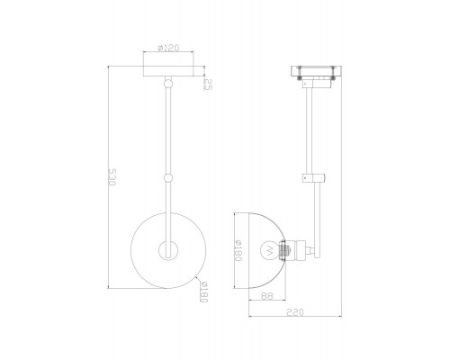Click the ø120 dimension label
pos(168,48)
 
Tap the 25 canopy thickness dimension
pos(208,84)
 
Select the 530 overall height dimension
pos(112,177)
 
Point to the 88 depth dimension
pos(267,296)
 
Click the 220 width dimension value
pos(295,312)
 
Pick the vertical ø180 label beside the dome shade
pos(238,250)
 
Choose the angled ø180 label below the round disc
pos(203,292)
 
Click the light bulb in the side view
pos(269,250)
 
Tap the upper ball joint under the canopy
pos(168,83)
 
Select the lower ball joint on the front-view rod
pos(168,178)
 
